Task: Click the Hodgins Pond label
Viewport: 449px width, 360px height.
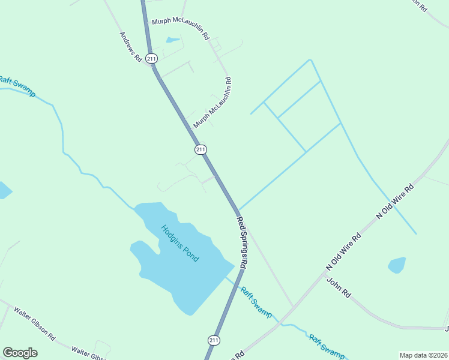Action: [180, 242]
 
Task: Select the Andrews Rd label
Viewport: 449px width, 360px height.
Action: [130, 47]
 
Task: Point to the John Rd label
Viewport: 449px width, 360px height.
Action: [339, 287]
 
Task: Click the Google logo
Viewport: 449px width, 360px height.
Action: [20, 353]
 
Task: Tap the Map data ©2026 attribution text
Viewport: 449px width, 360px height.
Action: [423, 355]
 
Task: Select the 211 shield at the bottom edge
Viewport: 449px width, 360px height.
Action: [214, 340]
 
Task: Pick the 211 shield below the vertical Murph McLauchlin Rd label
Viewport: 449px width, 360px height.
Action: [200, 149]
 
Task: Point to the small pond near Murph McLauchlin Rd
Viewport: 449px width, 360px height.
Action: [173, 40]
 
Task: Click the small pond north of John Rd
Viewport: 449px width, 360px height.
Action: [397, 265]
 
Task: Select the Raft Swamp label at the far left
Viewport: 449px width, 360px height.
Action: [17, 86]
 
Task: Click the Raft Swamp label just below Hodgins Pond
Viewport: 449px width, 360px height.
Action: [256, 302]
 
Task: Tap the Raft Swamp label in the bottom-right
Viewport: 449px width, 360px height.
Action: [327, 346]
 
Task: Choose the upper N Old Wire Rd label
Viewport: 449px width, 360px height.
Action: [395, 200]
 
